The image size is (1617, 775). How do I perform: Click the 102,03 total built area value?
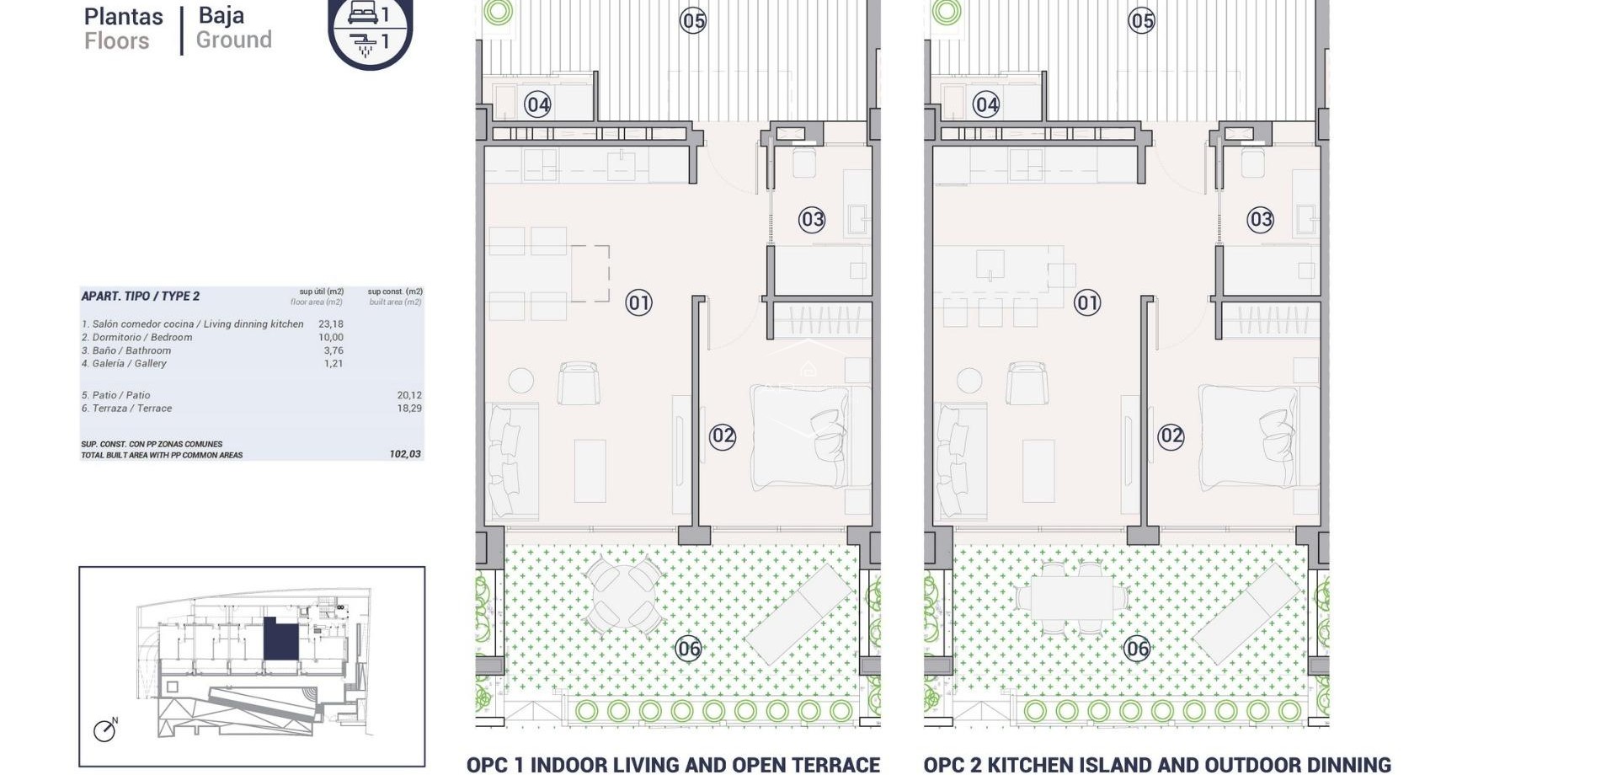pyautogui.click(x=405, y=454)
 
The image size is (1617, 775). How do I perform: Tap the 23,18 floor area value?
pyautogui.click(x=331, y=323)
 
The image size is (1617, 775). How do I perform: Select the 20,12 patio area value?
pyautogui.click(x=409, y=395)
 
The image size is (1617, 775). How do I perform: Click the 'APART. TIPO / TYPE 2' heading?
pyautogui.click(x=141, y=296)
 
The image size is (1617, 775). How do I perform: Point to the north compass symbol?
pyautogui.click(x=105, y=730)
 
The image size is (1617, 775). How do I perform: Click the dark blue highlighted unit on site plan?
pyautogui.click(x=281, y=639)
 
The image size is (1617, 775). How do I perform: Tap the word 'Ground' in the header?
pyautogui.click(x=234, y=40)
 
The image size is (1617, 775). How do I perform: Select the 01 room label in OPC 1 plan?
pyautogui.click(x=638, y=302)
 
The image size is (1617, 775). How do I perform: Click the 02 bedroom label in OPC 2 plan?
pyautogui.click(x=1171, y=436)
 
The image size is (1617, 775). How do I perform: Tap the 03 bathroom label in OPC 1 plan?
pyautogui.click(x=812, y=220)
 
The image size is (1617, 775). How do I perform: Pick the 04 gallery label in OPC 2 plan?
pyautogui.click(x=986, y=104)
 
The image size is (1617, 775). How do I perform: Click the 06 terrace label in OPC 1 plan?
pyautogui.click(x=689, y=648)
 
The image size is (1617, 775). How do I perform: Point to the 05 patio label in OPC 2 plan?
pyautogui.click(x=1141, y=20)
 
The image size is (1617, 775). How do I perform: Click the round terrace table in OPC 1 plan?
pyautogui.click(x=623, y=596)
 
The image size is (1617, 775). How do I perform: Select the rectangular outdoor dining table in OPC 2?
pyautogui.click(x=1071, y=597)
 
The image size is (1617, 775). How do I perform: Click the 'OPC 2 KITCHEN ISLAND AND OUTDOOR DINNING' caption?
pyautogui.click(x=1156, y=764)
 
